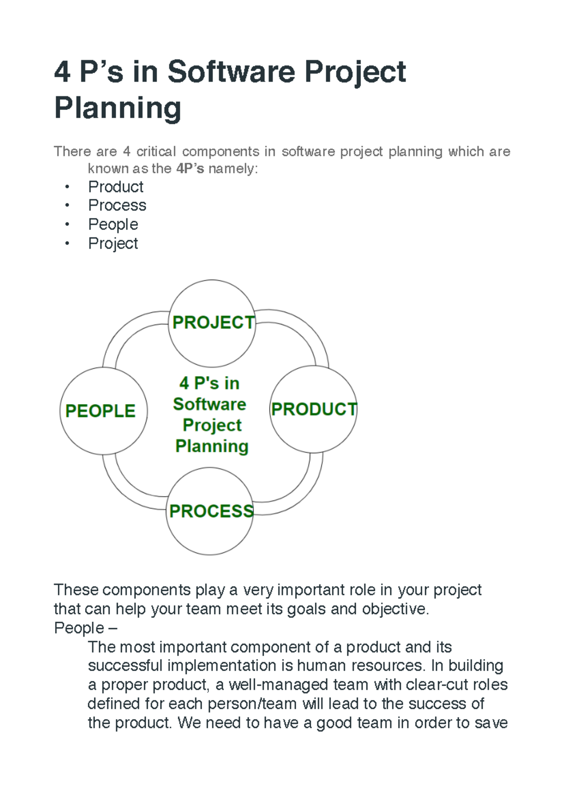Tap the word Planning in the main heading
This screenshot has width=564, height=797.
(118, 108)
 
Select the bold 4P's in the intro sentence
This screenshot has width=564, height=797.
(190, 168)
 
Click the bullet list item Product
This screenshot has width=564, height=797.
(116, 187)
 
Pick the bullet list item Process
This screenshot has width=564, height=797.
(117, 205)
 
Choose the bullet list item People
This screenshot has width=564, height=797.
(113, 225)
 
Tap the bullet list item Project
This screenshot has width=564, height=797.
(113, 244)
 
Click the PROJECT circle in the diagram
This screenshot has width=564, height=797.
(211, 323)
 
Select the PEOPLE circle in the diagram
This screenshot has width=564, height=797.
(103, 411)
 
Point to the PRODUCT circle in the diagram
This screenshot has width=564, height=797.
(313, 409)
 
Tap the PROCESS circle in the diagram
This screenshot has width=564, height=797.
(210, 511)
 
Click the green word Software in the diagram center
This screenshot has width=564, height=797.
(210, 405)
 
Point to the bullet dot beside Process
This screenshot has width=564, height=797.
(67, 205)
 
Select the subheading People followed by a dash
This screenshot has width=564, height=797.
(86, 628)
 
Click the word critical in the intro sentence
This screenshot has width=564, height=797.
(156, 152)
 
